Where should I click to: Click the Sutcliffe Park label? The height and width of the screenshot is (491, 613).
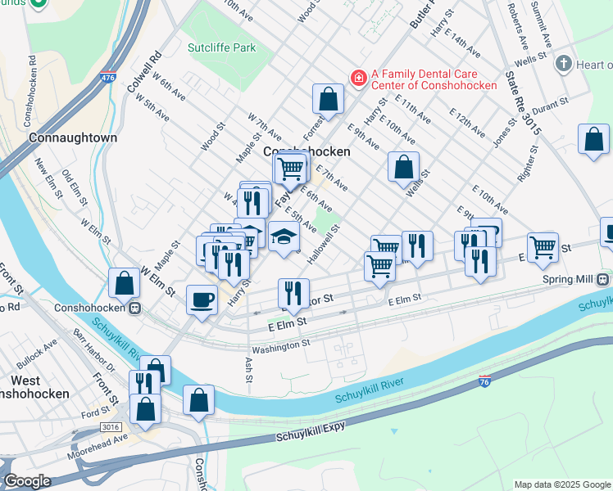(221, 48)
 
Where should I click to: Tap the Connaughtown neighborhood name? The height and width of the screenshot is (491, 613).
(73, 138)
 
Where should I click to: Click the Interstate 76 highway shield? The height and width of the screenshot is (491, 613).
(485, 382)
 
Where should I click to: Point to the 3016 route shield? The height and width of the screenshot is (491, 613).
(110, 427)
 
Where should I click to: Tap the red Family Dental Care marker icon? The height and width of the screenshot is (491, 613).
(357, 79)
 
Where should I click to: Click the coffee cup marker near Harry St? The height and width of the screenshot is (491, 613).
(202, 300)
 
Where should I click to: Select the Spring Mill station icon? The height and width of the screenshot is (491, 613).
(602, 279)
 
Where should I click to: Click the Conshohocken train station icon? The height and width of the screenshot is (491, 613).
(133, 309)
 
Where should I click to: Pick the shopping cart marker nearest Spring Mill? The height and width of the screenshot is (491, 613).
(543, 246)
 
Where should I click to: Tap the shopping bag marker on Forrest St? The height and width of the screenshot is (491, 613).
(328, 100)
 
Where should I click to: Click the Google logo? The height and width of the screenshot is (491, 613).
(27, 481)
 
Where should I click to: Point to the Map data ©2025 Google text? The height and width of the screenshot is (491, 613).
(561, 484)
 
